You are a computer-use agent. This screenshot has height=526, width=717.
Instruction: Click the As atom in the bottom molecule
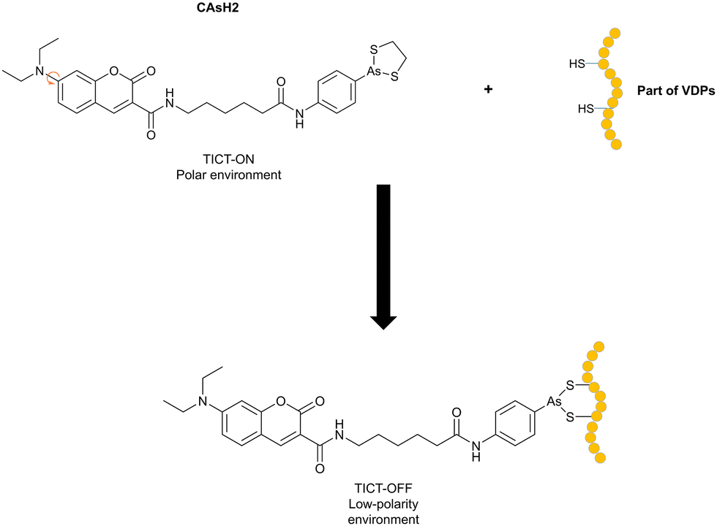[554, 401]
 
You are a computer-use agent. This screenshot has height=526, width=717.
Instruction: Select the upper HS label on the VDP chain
[577, 64]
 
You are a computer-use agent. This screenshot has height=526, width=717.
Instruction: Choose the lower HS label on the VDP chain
[585, 109]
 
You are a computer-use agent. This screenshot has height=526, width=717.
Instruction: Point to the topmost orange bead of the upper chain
[615, 33]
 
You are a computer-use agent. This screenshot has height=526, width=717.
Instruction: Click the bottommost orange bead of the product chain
[601, 457]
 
